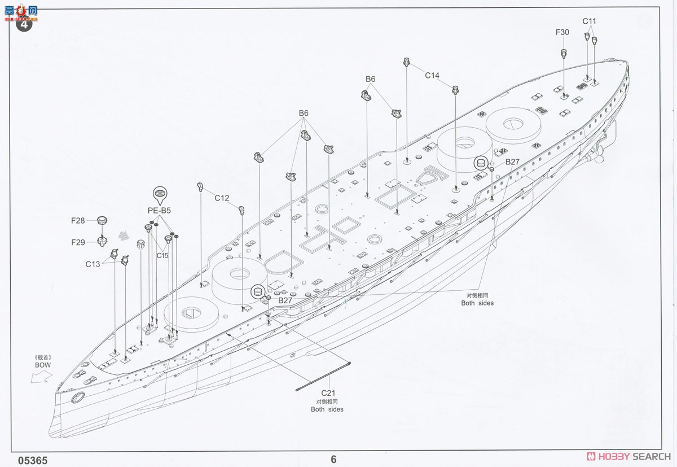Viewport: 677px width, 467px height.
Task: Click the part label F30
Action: [562, 32]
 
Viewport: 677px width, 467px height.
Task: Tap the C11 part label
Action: [589, 21]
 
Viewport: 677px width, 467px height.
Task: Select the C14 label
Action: [432, 75]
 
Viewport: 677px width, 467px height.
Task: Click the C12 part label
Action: [222, 198]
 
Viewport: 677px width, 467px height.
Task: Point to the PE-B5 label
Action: [159, 211]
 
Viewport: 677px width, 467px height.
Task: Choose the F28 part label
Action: [78, 221]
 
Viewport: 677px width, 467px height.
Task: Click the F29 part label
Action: [78, 243]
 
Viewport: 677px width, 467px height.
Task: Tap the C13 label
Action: [93, 264]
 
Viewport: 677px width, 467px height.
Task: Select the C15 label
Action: [162, 256]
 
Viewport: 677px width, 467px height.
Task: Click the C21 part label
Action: [328, 393]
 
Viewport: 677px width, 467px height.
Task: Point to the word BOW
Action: [43, 365]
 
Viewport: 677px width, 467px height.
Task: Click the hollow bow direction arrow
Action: [41, 377]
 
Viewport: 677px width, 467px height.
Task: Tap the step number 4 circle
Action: [24, 23]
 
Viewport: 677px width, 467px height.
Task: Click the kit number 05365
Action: [33, 461]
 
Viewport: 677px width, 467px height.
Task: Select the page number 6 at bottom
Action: [333, 460]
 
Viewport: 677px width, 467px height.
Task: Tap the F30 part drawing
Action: [564, 54]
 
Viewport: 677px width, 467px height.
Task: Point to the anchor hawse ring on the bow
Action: [78, 398]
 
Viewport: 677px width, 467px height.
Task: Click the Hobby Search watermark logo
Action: [628, 456]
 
